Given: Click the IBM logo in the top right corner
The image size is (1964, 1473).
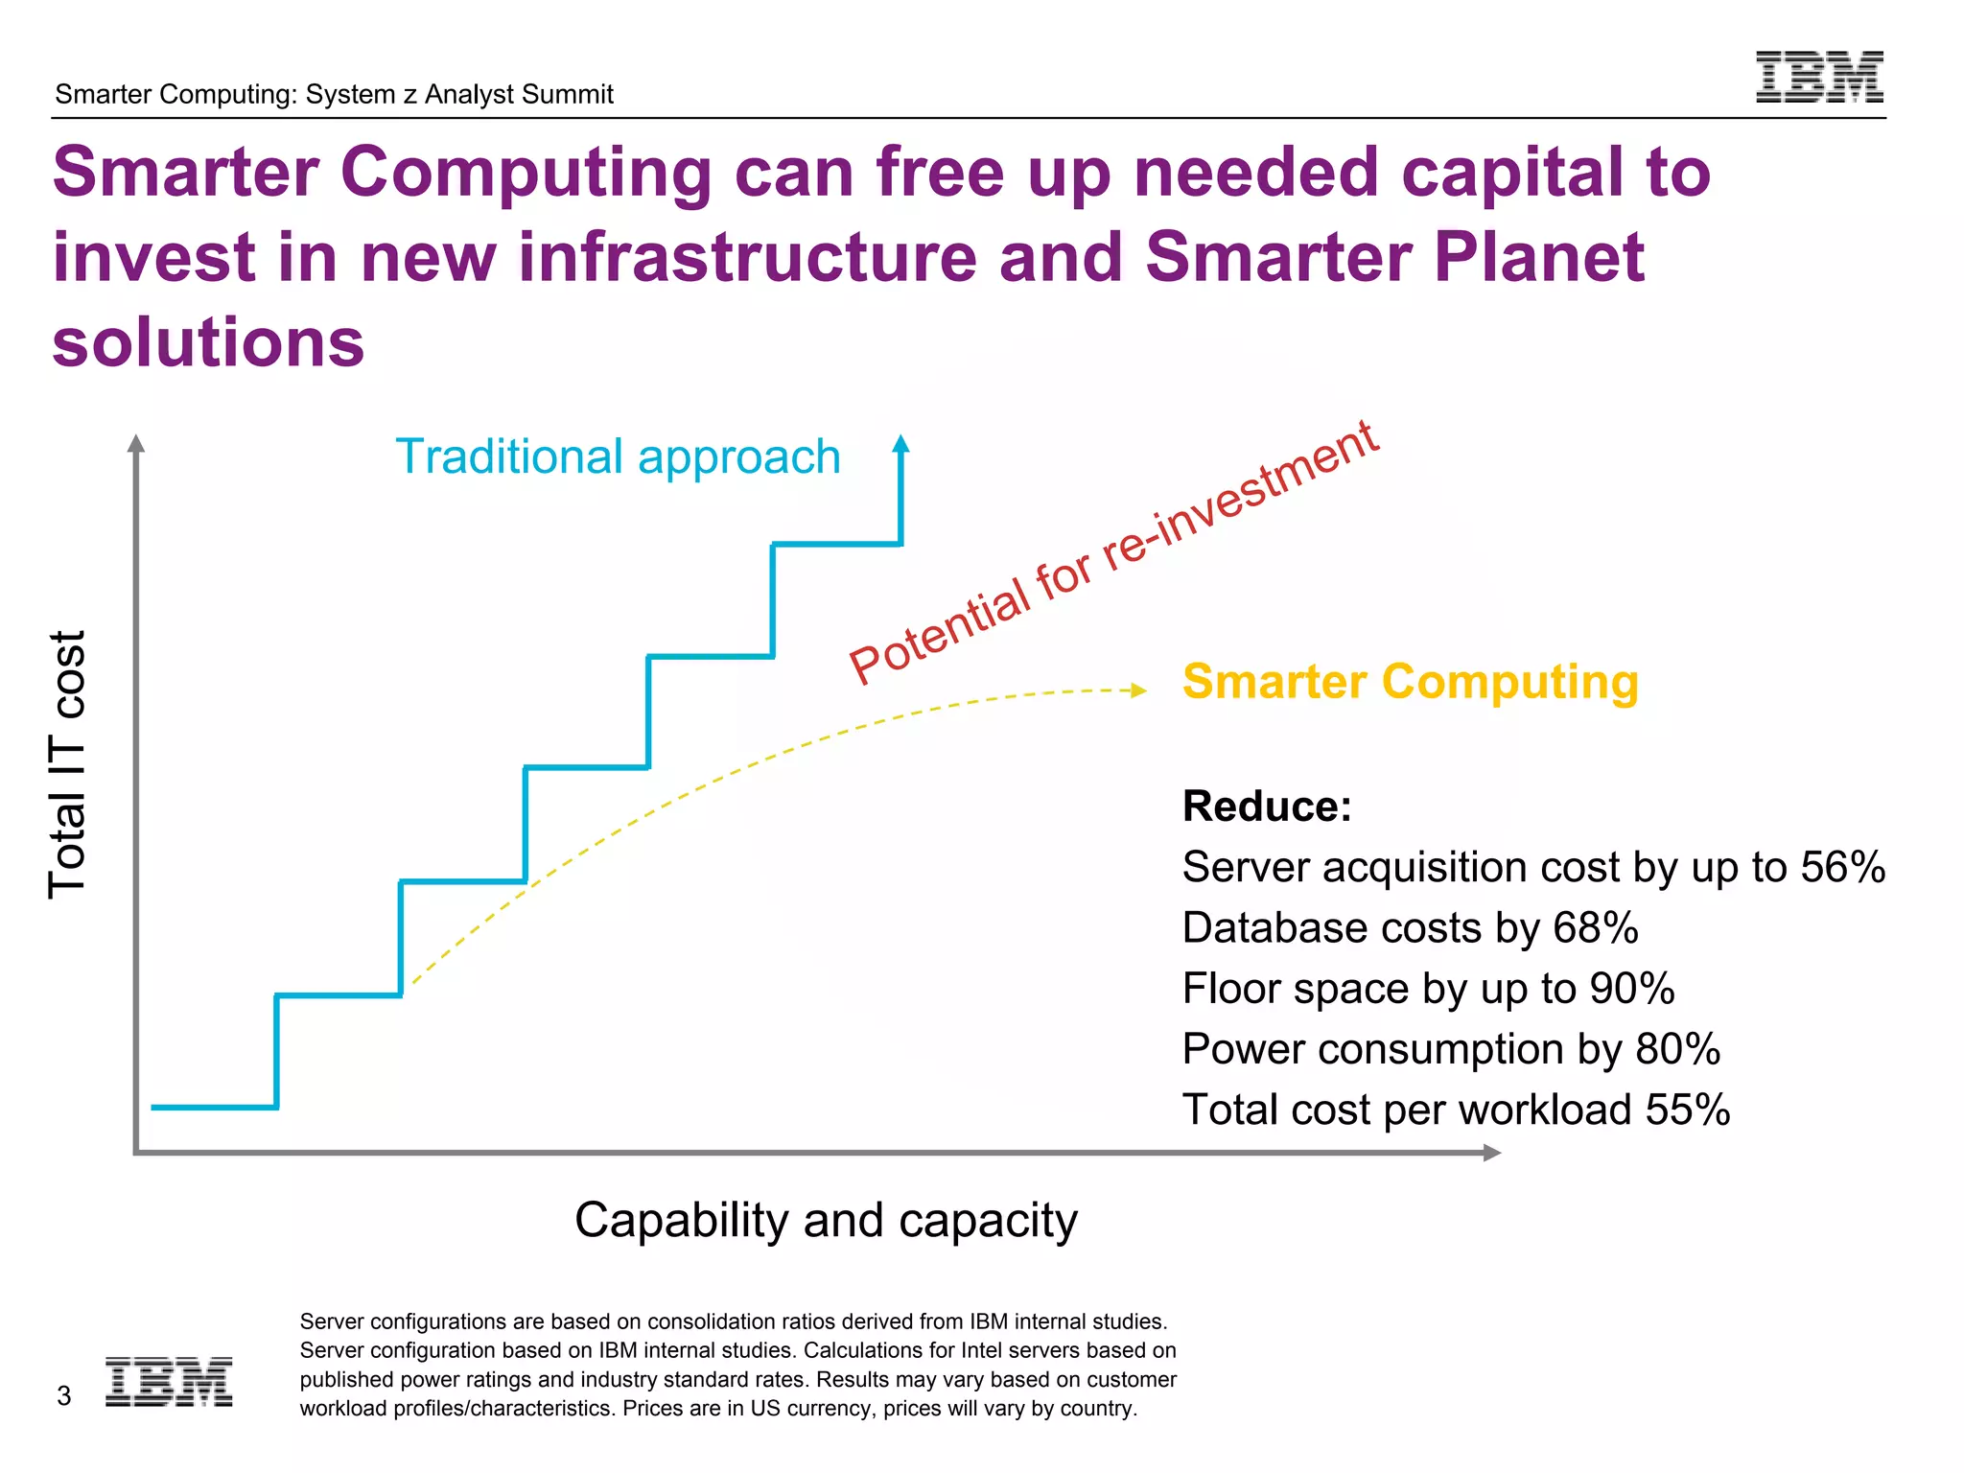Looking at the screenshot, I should tap(1819, 77).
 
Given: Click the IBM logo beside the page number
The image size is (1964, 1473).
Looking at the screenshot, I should tap(169, 1382).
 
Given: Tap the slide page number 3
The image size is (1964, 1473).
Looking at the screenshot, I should tap(64, 1395).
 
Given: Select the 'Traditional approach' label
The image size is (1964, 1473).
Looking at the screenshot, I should tap(618, 456).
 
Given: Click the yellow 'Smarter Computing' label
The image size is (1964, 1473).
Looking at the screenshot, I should tap(1410, 682).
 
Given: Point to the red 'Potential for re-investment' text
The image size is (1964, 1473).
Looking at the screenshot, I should tap(1112, 553).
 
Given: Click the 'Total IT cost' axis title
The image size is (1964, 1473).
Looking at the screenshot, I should tap(67, 764).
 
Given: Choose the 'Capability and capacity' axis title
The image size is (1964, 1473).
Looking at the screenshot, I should tap(826, 1220).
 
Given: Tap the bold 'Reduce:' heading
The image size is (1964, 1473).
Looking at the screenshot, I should tap(1266, 806).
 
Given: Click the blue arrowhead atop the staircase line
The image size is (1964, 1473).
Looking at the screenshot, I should tap(900, 443).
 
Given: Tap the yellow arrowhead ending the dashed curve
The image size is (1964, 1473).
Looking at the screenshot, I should tap(1138, 690).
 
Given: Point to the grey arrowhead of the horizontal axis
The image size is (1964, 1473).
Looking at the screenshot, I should tap(1491, 1153).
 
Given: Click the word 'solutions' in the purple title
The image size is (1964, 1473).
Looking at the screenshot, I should tap(208, 342).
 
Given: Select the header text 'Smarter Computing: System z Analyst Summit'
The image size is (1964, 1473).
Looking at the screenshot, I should tap(334, 94).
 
